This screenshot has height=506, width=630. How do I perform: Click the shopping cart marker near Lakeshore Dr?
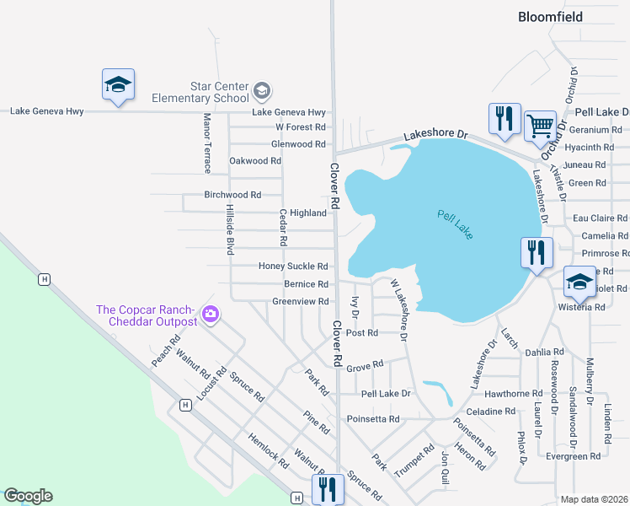(540, 126)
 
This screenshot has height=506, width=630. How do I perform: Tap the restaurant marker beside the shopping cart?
(505, 119)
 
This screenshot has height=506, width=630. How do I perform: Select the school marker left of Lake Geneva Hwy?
(118, 84)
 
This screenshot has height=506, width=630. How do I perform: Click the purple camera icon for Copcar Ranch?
(211, 315)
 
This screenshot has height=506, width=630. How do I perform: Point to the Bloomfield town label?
(557, 16)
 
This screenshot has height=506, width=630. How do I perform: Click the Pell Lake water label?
(456, 224)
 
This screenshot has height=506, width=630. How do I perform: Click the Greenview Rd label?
(300, 302)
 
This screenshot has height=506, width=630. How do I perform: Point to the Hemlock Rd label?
(268, 450)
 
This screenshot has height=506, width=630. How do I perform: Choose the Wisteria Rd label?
(582, 307)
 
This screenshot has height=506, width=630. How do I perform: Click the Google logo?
(28, 496)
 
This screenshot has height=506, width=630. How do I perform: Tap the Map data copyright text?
(594, 499)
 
